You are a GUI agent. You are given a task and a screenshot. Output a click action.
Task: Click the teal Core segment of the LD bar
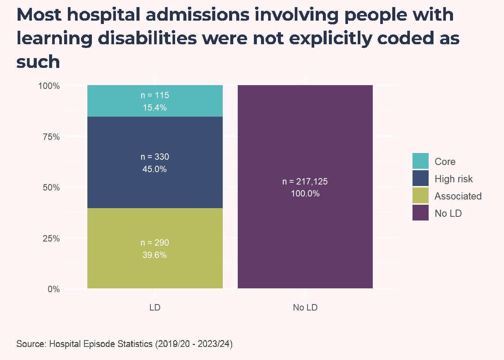click(x=155, y=101)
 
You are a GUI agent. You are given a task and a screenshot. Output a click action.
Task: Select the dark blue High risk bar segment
click(x=155, y=162)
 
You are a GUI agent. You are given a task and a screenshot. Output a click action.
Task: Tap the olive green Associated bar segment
click(x=155, y=248)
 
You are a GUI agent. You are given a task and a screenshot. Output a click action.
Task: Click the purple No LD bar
click(x=305, y=186)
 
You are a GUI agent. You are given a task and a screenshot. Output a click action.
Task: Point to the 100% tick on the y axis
click(x=49, y=86)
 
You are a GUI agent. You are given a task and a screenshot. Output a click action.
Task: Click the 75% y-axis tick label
click(x=51, y=137)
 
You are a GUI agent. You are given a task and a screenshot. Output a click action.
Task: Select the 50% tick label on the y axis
click(x=51, y=187)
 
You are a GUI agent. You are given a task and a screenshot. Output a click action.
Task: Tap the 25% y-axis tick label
click(x=51, y=238)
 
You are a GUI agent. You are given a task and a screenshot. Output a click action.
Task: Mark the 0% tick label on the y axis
click(x=54, y=289)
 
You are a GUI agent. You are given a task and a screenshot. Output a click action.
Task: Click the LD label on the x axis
click(x=155, y=307)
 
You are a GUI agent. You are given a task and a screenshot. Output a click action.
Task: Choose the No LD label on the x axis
click(x=305, y=307)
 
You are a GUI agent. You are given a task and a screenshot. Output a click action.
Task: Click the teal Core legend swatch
click(x=420, y=161)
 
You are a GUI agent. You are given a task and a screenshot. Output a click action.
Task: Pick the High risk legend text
click(x=453, y=179)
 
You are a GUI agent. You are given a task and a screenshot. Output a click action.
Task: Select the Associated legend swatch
click(x=420, y=195)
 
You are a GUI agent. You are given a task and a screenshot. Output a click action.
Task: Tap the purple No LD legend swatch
click(x=420, y=213)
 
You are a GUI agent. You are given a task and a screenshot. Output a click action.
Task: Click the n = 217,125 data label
click(x=305, y=181)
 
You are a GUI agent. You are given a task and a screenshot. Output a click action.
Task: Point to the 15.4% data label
click(x=154, y=108)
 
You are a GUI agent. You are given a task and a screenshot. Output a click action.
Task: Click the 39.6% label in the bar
click(x=154, y=255)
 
